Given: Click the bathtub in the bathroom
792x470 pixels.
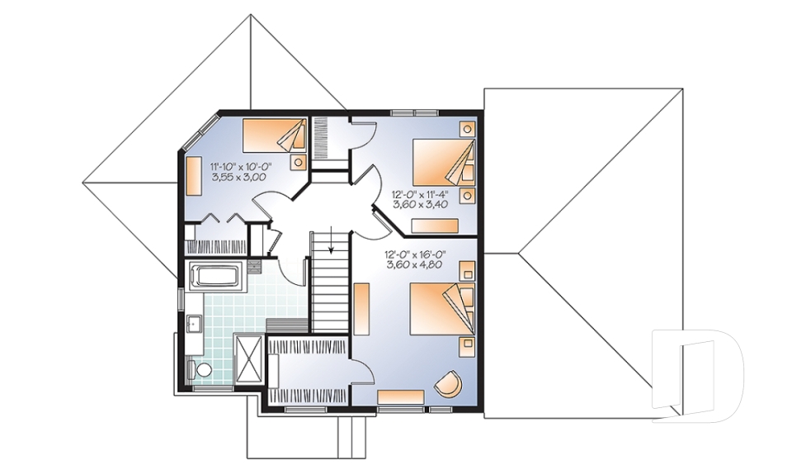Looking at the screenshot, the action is pyautogui.click(x=217, y=277).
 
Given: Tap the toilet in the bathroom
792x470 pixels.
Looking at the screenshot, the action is pyautogui.click(x=200, y=369).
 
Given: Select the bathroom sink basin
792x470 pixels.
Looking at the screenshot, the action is pyautogui.click(x=193, y=322).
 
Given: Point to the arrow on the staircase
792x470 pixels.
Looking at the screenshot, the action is pyautogui.click(x=331, y=240).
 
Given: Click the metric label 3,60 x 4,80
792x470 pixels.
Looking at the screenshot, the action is pyautogui.click(x=417, y=264).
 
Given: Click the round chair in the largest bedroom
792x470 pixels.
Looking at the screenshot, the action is pyautogui.click(x=448, y=384).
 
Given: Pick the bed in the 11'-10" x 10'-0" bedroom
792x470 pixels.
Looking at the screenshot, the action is pyautogui.click(x=275, y=135).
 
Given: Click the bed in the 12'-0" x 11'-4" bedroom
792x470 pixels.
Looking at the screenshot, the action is pyautogui.click(x=444, y=163).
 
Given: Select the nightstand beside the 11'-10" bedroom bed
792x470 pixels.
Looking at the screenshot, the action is pyautogui.click(x=299, y=163).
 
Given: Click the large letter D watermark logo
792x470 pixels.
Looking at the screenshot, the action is pyautogui.click(x=698, y=375).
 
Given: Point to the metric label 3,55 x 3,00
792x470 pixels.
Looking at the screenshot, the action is pyautogui.click(x=239, y=177).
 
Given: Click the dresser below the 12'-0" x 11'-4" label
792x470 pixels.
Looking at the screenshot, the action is pyautogui.click(x=435, y=226).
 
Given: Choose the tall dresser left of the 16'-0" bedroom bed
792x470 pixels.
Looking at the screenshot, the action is pyautogui.click(x=361, y=309).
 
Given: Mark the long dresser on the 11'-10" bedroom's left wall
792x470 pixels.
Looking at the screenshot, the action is pyautogui.click(x=194, y=176).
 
